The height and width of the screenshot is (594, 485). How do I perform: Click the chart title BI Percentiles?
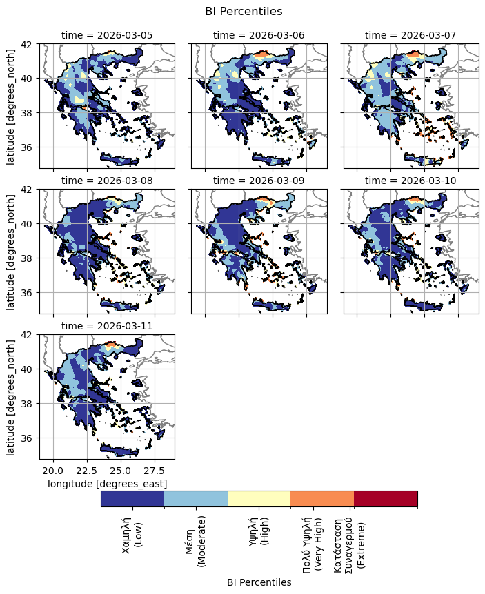tap(244, 11)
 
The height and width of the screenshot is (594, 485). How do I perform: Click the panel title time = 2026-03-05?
tap(106, 35)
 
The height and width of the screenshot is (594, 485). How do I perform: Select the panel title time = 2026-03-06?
tap(258, 35)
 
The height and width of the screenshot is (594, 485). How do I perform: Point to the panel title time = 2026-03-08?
tap(106, 181)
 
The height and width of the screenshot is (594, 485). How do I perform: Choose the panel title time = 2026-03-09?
tap(258, 181)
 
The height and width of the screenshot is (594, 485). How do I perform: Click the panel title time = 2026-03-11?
tap(106, 326)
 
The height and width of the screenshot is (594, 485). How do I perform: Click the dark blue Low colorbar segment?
tap(132, 499)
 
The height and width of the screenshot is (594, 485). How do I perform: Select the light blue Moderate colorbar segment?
tap(196, 499)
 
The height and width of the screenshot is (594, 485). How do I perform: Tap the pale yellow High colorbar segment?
tap(259, 499)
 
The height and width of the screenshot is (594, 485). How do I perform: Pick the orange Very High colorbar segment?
tap(322, 499)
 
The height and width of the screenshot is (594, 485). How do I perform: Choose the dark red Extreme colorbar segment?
tap(386, 499)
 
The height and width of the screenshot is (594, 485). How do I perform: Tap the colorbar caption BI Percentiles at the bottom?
tap(259, 582)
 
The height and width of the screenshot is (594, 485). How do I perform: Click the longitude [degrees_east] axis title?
tap(107, 484)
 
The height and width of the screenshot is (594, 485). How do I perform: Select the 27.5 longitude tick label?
tap(155, 471)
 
